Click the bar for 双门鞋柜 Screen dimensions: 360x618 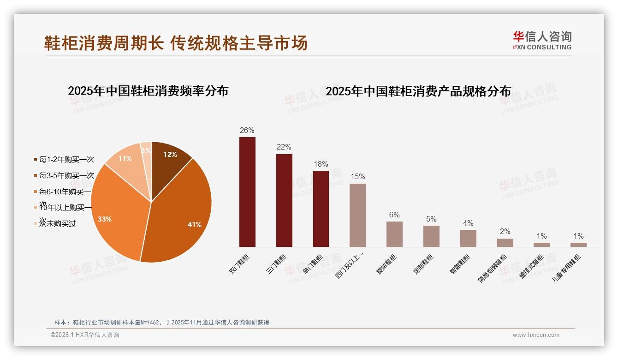click(x=247, y=192)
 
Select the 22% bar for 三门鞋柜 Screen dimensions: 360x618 click(x=284, y=200)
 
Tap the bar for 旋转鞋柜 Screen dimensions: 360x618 click(x=394, y=234)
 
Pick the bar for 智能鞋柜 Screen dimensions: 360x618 click(x=468, y=238)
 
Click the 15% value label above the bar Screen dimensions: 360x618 click(x=357, y=176)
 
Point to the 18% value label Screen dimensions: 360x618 click(x=321, y=164)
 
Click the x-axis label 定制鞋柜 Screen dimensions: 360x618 click(x=423, y=264)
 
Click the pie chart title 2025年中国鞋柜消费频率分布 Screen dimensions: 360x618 click(x=148, y=91)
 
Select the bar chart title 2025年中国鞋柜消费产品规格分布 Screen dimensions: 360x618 click(x=418, y=91)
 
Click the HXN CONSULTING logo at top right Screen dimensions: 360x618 click(x=542, y=41)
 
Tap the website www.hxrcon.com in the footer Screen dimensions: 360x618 click(x=536, y=335)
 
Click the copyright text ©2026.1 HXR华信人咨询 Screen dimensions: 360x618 click(x=85, y=335)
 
